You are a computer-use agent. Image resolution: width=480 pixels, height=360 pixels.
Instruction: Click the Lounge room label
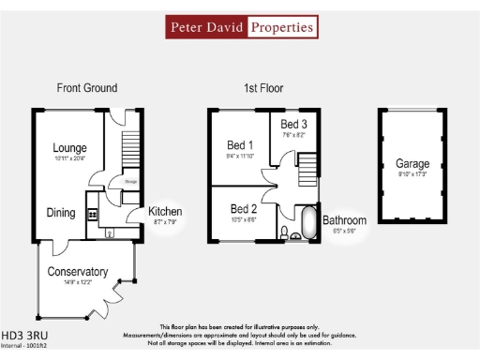(69, 148)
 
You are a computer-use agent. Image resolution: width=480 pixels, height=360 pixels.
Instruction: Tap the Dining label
(61, 213)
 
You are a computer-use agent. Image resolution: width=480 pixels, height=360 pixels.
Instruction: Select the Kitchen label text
(165, 212)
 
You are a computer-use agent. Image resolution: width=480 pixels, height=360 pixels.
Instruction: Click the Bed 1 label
(240, 145)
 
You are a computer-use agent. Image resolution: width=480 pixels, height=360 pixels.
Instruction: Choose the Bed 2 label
(243, 208)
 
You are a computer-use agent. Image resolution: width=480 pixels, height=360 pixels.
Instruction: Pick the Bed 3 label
(293, 125)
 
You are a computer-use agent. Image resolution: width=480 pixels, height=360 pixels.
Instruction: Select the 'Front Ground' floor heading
(86, 88)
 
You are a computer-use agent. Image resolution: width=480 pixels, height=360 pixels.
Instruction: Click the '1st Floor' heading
(265, 88)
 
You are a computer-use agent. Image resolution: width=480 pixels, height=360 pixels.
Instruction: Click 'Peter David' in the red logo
(207, 27)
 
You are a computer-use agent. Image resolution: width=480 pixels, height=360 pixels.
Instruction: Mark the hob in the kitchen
(93, 215)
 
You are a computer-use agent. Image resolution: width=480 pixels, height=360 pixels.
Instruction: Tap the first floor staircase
(306, 173)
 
